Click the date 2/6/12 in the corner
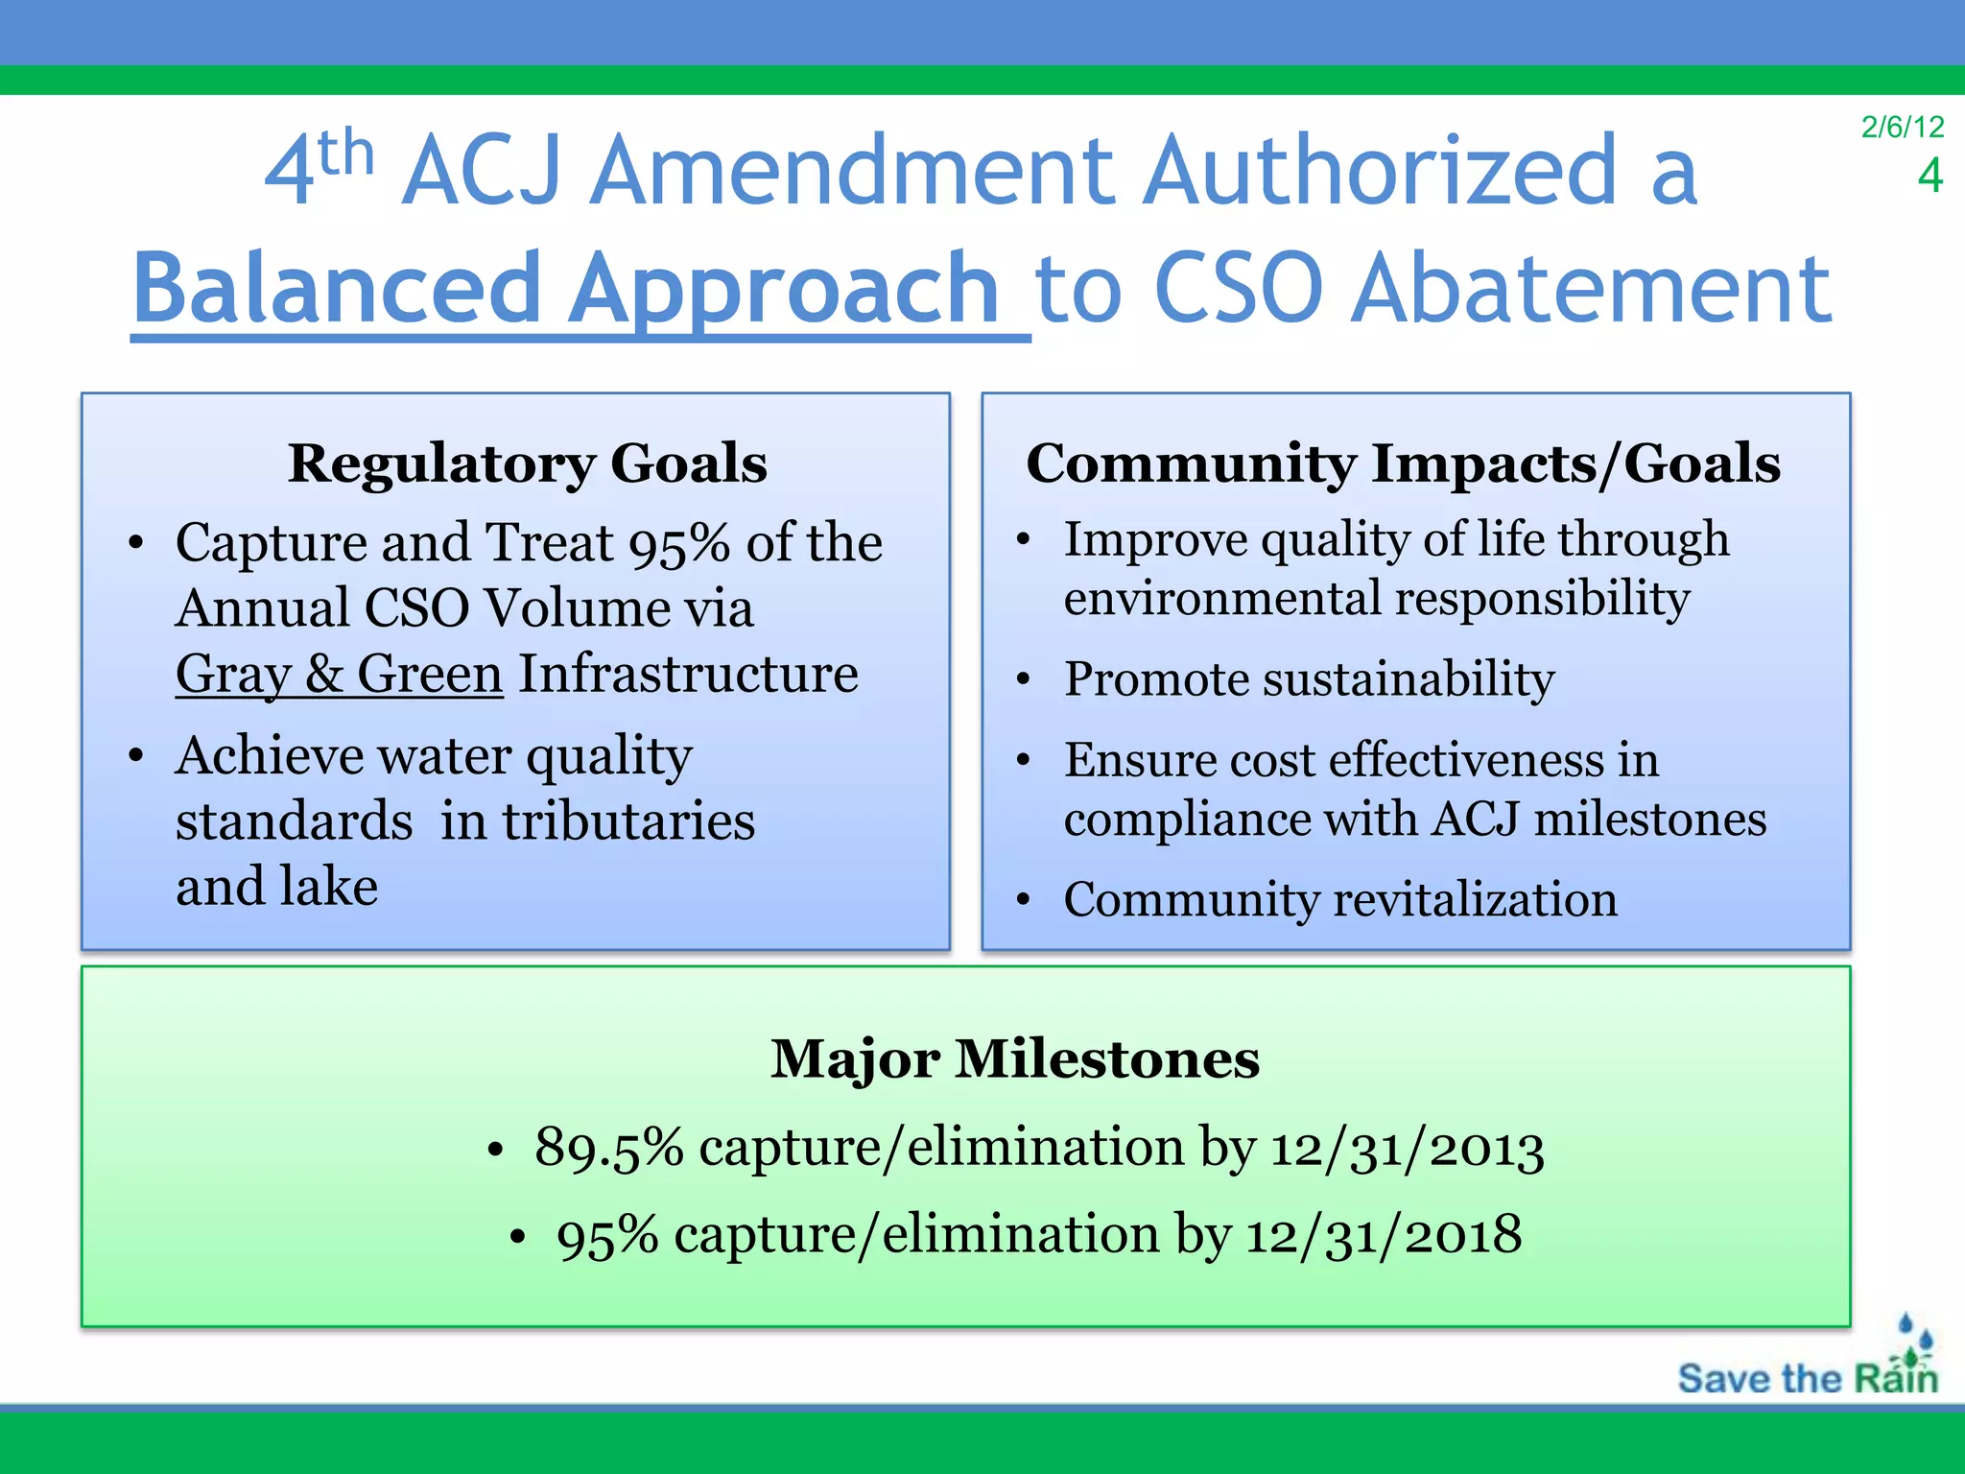[1902, 127]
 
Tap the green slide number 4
[1929, 176]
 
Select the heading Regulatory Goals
[528, 464]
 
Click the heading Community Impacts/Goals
[1403, 464]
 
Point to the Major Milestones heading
[1015, 1058]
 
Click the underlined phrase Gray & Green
[339, 674]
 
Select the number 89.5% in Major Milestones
[608, 1148]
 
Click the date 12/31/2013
[1407, 1148]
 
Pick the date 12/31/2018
[1383, 1234]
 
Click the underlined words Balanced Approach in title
[566, 288]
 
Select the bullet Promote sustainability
[1309, 679]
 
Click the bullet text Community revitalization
[1339, 900]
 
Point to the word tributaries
[628, 821]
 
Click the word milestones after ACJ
[1649, 820]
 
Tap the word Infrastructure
[688, 674]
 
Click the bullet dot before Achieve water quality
[136, 756]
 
